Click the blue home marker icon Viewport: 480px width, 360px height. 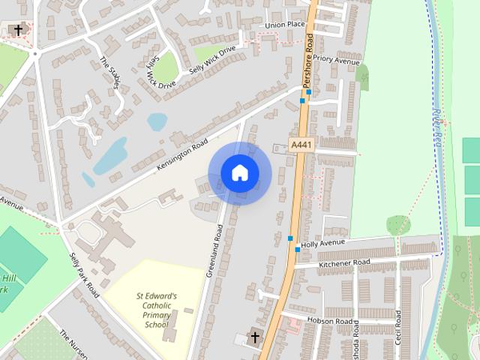pyautogui.click(x=239, y=173)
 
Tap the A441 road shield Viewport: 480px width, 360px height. pyautogui.click(x=301, y=144)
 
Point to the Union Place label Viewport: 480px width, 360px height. pyautogui.click(x=285, y=25)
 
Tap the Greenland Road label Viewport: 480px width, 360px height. pyautogui.click(x=214, y=247)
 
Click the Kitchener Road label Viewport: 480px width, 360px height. pyautogui.click(x=344, y=263)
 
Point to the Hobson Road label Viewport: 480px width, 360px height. pyautogui.click(x=331, y=321)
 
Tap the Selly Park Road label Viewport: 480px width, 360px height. pyautogui.click(x=84, y=275)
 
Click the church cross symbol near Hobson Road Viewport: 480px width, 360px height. pyautogui.click(x=253, y=337)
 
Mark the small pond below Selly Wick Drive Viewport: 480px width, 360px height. pyautogui.click(x=157, y=121)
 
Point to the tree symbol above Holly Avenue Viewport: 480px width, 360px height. pyautogui.click(x=397, y=223)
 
